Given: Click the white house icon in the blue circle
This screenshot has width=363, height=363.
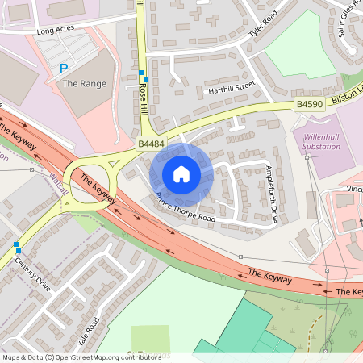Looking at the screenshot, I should coord(181,173).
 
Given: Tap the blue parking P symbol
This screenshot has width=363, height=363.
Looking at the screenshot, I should coord(63,69).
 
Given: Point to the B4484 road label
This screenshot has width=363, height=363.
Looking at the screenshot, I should coord(151,144).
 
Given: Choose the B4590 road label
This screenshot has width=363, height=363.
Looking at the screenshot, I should coord(310,104).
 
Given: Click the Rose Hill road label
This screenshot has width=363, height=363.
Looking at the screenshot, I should coord(144,95).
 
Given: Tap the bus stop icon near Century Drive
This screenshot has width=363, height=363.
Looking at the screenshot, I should coord(16,244).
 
